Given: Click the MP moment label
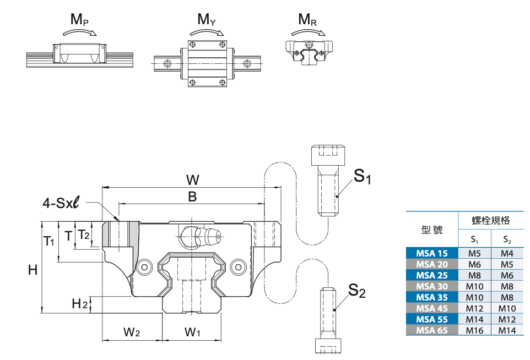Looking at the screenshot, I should click(79, 20).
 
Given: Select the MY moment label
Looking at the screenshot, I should click(206, 20).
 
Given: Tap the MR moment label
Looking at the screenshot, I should click(307, 20).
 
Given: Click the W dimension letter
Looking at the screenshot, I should click(192, 180).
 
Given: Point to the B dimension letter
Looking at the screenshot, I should click(192, 197).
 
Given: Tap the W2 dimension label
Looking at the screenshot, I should click(131, 332).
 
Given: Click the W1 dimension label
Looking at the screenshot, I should click(192, 332).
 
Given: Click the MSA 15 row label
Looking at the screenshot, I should click(432, 253).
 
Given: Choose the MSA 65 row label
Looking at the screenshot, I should click(432, 330).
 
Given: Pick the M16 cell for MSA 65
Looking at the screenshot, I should click(474, 330).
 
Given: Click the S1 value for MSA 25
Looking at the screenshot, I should click(474, 275).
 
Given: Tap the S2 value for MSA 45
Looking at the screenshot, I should click(507, 308).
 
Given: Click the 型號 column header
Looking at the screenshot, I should click(432, 230).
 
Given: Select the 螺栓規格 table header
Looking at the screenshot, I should click(490, 221).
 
